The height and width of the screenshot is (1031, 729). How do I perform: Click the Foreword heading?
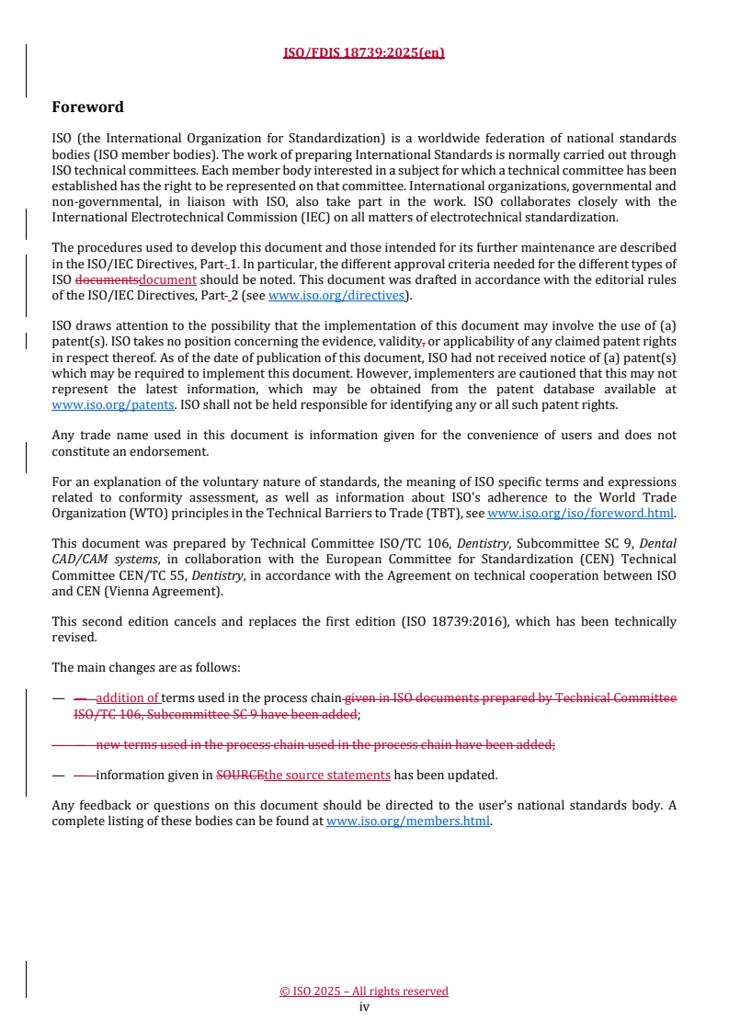point(87,108)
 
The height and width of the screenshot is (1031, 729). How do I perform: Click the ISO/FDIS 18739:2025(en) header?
point(364,52)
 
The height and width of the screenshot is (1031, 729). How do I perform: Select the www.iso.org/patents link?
point(90,404)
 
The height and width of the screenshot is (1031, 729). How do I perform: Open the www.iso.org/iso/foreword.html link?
point(580,514)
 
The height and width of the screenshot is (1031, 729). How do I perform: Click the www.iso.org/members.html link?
point(408,821)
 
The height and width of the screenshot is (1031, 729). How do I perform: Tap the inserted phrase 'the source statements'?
point(327,775)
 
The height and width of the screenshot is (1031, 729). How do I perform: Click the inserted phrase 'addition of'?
point(128,698)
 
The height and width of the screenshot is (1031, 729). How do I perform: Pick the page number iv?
point(364,1007)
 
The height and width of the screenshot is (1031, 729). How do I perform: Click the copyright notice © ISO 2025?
point(364,991)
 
